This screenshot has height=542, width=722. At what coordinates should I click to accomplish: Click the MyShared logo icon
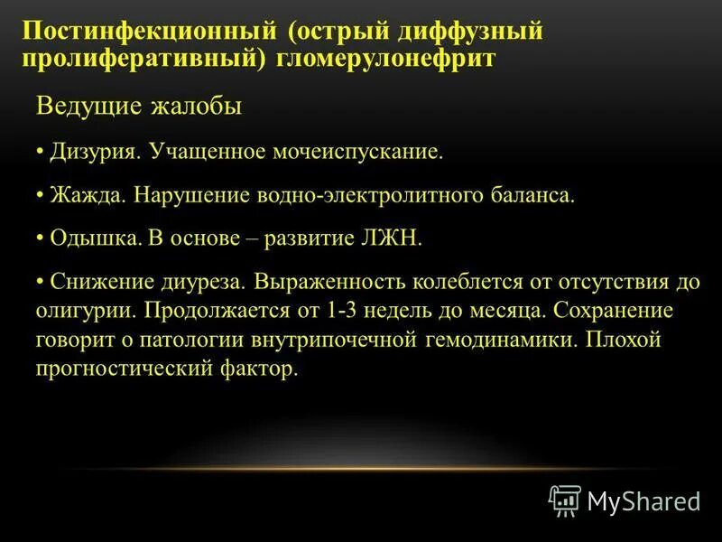(x=565, y=500)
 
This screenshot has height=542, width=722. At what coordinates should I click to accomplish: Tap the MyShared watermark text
(x=643, y=500)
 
